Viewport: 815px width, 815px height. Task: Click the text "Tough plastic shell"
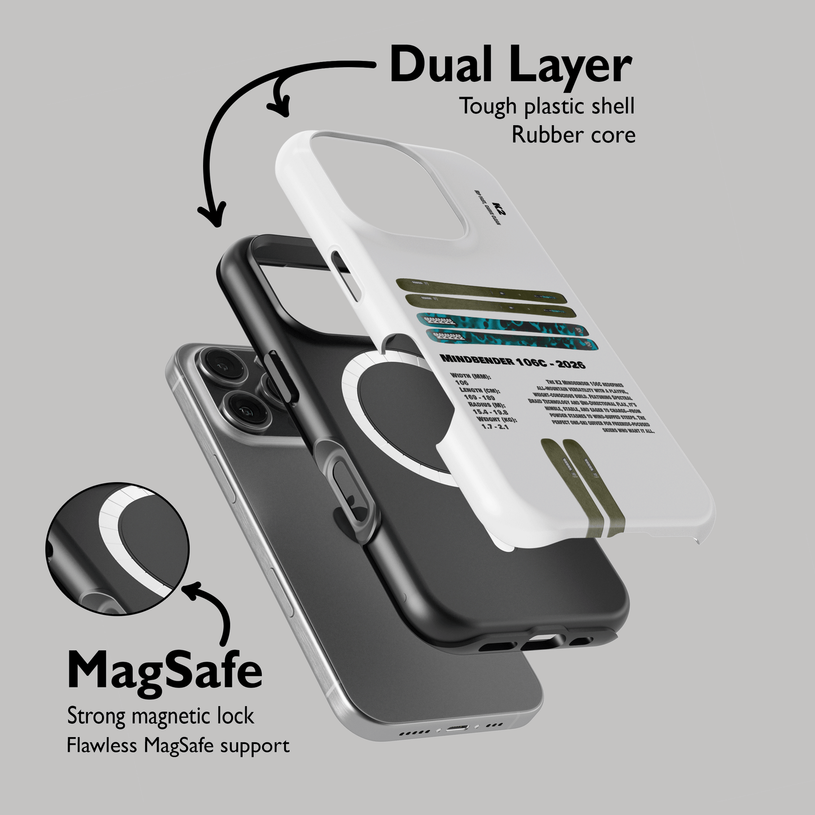click(546, 106)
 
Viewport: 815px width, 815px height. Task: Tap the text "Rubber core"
click(573, 135)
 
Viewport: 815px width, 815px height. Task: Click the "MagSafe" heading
click(165, 671)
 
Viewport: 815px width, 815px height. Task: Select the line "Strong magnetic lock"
click(161, 716)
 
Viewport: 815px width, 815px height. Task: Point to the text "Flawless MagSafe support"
click(178, 746)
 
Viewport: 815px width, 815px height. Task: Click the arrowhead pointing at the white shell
click(280, 107)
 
